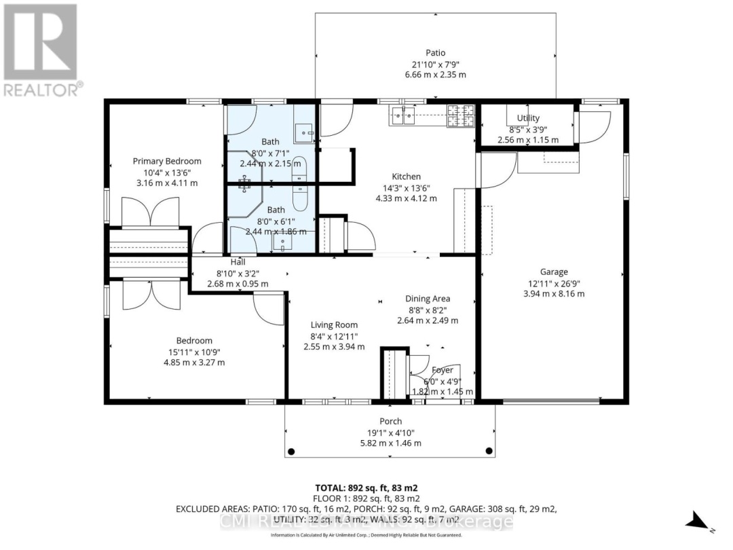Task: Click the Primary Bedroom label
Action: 167,161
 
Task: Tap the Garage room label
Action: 554,272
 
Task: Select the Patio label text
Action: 435,52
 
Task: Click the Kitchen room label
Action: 406,177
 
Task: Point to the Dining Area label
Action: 428,298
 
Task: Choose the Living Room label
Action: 334,325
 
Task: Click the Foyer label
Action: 443,371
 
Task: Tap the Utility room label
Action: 528,118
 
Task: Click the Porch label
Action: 390,421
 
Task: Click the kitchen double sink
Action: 402,117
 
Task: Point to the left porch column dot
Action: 291,451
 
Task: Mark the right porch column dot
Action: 488,451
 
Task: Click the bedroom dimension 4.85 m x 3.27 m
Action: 194,363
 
